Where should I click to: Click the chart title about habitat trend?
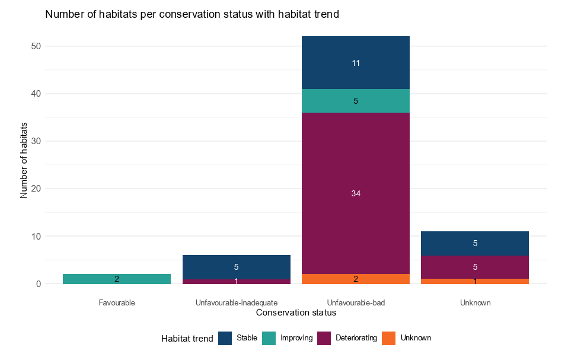[192, 15]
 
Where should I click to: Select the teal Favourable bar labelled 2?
[117, 279]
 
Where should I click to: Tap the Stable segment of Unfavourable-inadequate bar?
[236, 267]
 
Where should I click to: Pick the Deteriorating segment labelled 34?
[356, 193]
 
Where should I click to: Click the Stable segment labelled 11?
[356, 63]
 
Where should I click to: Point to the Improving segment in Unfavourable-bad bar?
[356, 101]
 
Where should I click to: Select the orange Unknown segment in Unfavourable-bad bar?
[356, 279]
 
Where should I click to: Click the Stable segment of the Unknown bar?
[475, 243]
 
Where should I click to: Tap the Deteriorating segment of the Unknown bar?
[475, 267]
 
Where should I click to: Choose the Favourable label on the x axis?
[117, 302]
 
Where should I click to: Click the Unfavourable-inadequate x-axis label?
[236, 302]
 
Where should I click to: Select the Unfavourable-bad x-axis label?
[356, 302]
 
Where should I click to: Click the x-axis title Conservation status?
[296, 312]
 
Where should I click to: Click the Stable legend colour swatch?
[225, 338]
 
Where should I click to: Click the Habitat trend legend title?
[187, 338]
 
